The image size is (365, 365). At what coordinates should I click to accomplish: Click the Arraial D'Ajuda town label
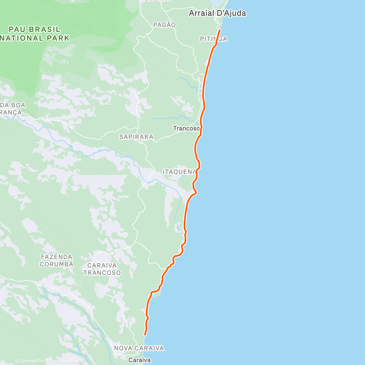tap(217, 13)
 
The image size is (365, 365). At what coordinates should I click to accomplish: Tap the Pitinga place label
tap(214, 39)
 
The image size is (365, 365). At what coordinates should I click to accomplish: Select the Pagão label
tap(165, 25)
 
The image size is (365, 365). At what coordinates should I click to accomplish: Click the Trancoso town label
tap(186, 128)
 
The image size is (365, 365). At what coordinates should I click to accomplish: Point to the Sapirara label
tap(136, 137)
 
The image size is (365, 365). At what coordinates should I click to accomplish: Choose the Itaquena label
tap(179, 172)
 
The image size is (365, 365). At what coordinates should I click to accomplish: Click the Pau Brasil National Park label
tap(35, 34)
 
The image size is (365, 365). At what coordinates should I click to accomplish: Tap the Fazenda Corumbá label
tap(57, 261)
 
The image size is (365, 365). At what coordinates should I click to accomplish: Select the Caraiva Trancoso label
tap(102, 269)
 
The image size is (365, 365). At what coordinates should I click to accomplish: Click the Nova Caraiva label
tap(139, 348)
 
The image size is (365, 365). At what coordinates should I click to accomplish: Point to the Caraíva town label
tap(140, 360)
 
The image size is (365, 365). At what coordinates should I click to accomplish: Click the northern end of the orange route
tap(220, 30)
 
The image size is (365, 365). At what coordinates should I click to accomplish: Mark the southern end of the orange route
tap(145, 335)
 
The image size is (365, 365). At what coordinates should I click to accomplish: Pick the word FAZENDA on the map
tap(57, 257)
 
